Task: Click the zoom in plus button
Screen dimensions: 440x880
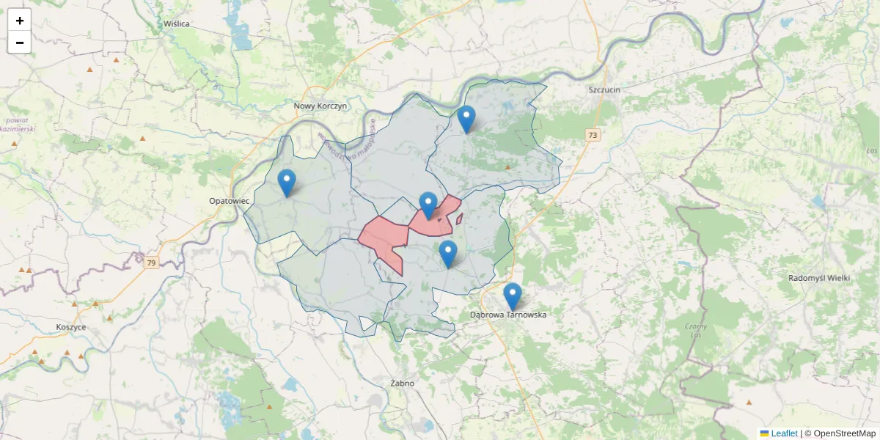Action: point(20,21)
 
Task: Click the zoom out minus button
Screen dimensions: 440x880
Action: point(20,43)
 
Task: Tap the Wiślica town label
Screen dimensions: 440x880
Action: point(177,23)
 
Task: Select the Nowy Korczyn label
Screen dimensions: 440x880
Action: point(320,106)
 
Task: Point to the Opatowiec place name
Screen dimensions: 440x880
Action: point(230,200)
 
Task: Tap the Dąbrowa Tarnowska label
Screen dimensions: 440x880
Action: point(508,315)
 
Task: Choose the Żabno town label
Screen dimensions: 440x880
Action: point(403,383)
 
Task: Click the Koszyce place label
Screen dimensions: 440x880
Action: point(70,327)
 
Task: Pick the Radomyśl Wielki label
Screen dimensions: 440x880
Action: point(818,278)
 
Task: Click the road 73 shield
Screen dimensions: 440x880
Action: point(593,135)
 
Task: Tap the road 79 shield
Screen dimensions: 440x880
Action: point(151,263)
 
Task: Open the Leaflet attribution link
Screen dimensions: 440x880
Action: point(783,433)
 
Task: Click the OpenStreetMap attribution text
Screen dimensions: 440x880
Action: point(844,433)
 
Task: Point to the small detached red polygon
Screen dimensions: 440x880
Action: point(459,219)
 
